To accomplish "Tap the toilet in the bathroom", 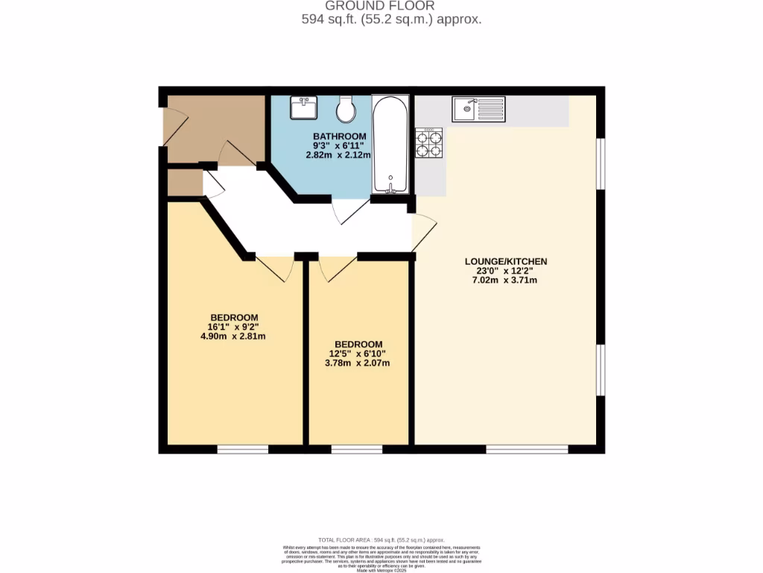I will coord(346,110).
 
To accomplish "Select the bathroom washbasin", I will coord(305,108).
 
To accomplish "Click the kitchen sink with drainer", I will coord(478,110).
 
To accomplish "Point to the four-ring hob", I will coord(429,143).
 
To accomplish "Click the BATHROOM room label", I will coord(339,136).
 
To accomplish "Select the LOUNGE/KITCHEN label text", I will coord(506,261).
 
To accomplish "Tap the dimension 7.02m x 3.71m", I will coord(506,281).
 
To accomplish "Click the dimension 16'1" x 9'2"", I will coord(233,327).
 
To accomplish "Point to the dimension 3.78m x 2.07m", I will coord(359,363).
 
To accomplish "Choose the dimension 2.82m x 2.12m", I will coord(339,155).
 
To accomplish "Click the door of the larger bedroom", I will coord(273,268).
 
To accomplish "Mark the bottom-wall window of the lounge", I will coord(527,450).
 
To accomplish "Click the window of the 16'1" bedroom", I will coord(242,450).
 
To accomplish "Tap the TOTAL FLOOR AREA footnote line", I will coord(381,539).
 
